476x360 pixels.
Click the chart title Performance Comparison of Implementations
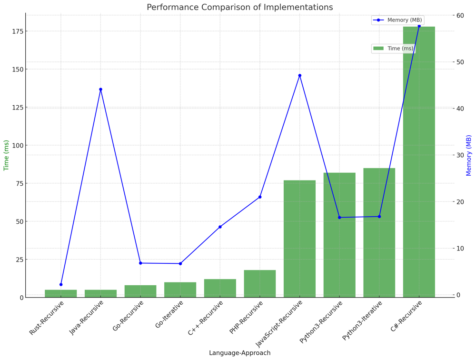click(239, 8)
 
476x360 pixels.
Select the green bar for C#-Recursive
click(419, 162)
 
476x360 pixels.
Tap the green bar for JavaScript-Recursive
click(299, 239)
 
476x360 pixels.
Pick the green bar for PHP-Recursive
click(260, 284)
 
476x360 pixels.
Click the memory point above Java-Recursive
click(100, 89)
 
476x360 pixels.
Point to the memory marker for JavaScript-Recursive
click(299, 75)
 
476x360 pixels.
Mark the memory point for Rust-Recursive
click(61, 284)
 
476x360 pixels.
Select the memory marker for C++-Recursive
click(220, 227)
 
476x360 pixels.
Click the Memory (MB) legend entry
click(398, 20)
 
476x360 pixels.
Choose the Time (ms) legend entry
click(394, 49)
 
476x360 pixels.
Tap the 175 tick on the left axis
click(18, 31)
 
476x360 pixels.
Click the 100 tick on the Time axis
click(18, 145)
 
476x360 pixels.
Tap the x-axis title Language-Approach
click(239, 353)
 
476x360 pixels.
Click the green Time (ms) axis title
click(7, 155)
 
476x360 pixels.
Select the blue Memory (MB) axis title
click(469, 155)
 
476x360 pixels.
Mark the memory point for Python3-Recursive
click(339, 218)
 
